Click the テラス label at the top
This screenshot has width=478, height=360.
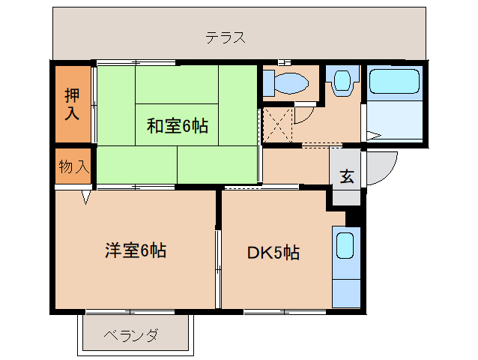226,37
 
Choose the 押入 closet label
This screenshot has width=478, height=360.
72,104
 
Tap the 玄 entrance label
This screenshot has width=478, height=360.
346,177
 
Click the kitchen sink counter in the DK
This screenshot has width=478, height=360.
345,267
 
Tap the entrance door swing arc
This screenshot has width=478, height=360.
386,169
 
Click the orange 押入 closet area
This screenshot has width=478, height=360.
72,105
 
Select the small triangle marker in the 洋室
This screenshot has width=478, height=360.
86,198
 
